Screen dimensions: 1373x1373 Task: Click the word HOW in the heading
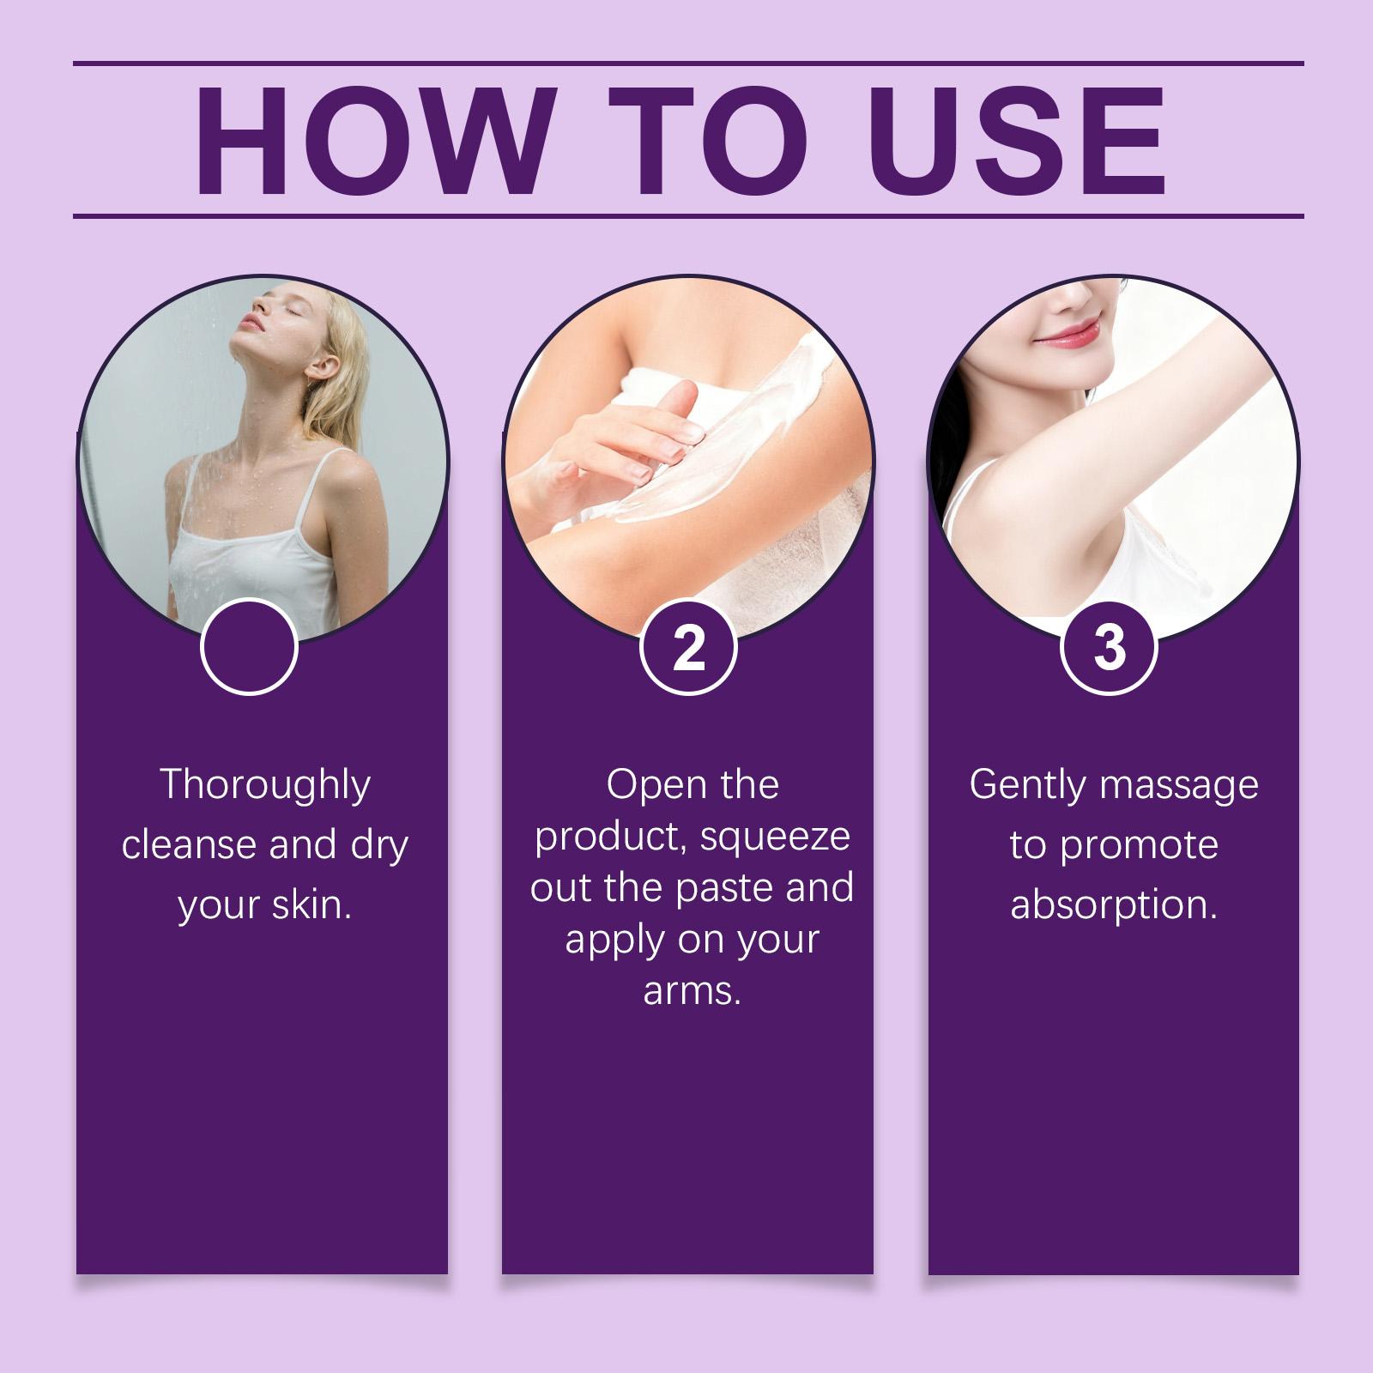(371, 140)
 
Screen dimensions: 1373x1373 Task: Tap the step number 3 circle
(1109, 647)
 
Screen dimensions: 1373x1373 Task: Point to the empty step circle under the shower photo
(249, 647)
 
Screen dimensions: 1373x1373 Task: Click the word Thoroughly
(265, 786)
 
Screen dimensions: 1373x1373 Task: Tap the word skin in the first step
(313, 905)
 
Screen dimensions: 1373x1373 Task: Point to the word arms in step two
(691, 991)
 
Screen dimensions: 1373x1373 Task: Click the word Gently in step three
(1025, 786)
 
